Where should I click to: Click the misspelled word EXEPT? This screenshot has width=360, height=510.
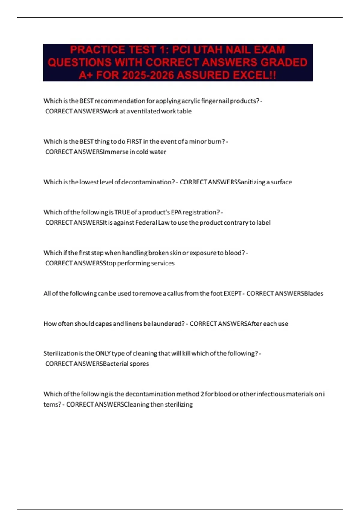click(x=232, y=293)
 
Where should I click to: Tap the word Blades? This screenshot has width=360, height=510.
click(x=314, y=293)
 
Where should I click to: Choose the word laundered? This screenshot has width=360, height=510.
click(x=168, y=324)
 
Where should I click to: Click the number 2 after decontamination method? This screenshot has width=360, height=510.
click(x=202, y=394)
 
